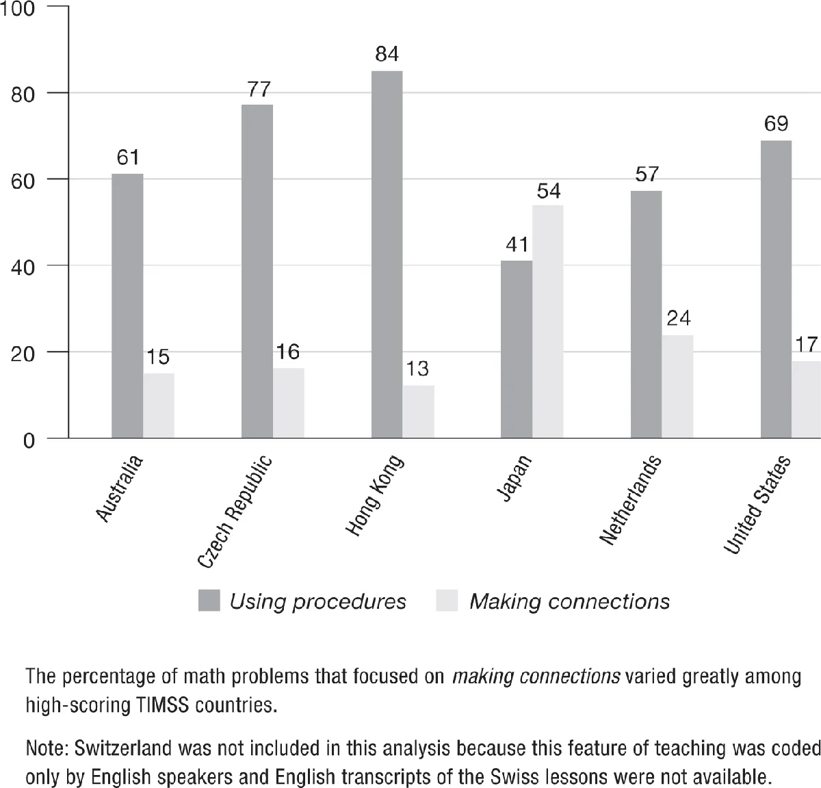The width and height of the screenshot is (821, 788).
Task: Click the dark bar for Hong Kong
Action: coord(387,254)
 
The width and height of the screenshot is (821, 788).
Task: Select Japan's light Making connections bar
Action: coord(548,321)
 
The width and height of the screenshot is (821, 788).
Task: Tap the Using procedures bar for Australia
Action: coord(127,306)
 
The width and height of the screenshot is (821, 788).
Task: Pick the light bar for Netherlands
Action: coord(677,386)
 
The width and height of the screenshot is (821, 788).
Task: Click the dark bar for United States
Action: coord(776,289)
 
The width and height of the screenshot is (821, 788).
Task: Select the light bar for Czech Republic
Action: coord(289,403)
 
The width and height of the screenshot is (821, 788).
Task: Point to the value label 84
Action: coord(387,54)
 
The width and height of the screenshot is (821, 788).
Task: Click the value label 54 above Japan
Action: coord(549,191)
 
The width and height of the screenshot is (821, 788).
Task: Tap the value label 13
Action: coord(417,369)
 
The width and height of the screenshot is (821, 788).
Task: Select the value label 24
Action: coord(678,318)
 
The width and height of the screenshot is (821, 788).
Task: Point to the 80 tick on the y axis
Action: coord(23,94)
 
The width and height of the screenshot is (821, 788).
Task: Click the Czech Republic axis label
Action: coord(235,512)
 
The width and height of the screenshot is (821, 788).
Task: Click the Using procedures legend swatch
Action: coord(209,601)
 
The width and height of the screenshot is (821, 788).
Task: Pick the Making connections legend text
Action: coord(569,601)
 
